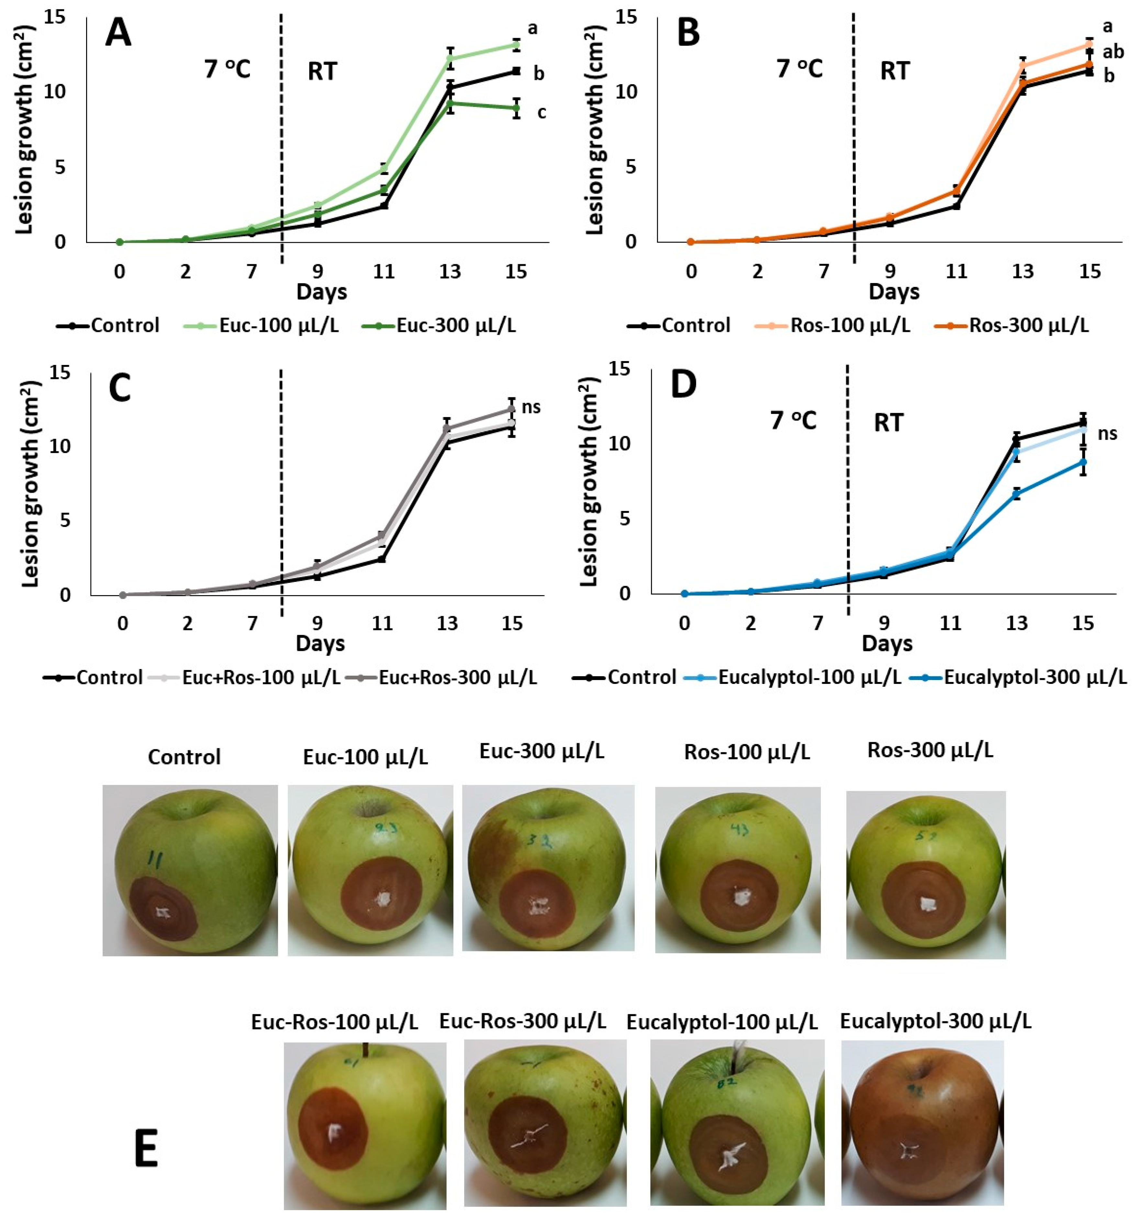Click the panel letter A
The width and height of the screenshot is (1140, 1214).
[x=118, y=34]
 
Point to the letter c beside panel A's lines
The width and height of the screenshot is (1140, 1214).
[x=541, y=112]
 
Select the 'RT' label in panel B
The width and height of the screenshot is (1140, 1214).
[x=895, y=72]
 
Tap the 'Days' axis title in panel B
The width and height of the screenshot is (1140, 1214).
[x=894, y=292]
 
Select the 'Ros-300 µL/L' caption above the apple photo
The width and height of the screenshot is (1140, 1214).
[x=930, y=751]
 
